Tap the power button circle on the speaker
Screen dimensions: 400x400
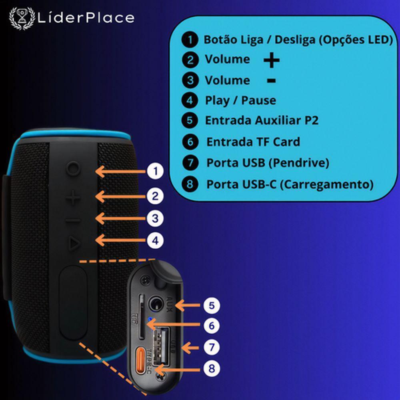pos(73,168)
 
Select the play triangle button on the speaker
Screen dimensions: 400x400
pos(73,243)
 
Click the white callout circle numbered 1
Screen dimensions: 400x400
pos(155,172)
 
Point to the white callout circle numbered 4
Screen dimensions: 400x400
pos(155,240)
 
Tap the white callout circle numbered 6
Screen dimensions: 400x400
pos(212,326)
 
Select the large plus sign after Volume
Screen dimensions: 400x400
pos(272,61)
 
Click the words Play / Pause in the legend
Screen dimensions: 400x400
pos(240,100)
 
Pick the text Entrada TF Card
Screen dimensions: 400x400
pos(253,142)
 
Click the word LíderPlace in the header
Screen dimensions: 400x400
pos(86,18)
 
